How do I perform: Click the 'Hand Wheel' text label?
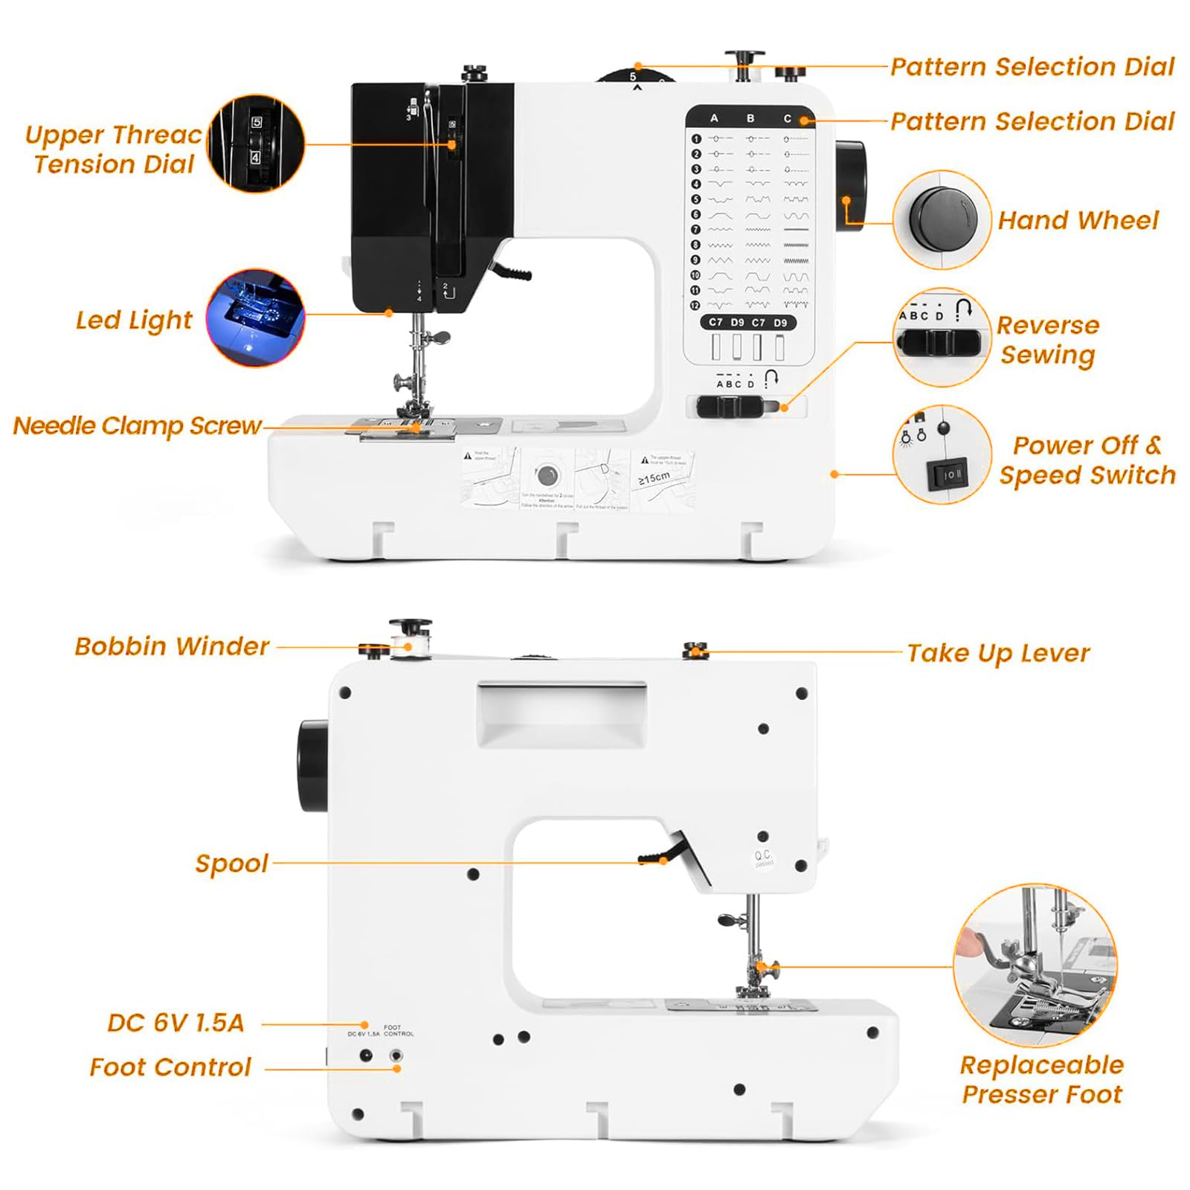tap(1078, 220)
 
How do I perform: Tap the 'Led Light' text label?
tap(134, 321)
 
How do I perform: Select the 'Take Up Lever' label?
tap(997, 653)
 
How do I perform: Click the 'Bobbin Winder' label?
tap(172, 646)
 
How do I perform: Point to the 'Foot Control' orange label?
tap(170, 1067)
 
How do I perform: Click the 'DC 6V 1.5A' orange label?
tap(176, 1023)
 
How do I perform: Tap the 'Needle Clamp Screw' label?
tap(138, 425)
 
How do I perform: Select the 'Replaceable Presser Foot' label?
tap(1041, 1079)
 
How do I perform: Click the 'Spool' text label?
tap(231, 863)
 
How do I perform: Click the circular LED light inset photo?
tap(255, 318)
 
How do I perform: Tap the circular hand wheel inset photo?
tap(942, 219)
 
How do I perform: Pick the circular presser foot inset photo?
tap(1035, 965)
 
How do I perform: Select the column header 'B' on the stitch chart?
tap(750, 118)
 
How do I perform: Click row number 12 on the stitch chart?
tap(695, 305)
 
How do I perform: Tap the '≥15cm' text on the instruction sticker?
tap(654, 477)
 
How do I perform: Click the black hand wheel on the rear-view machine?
tap(312, 765)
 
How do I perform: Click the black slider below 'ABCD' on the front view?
tap(729, 407)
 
